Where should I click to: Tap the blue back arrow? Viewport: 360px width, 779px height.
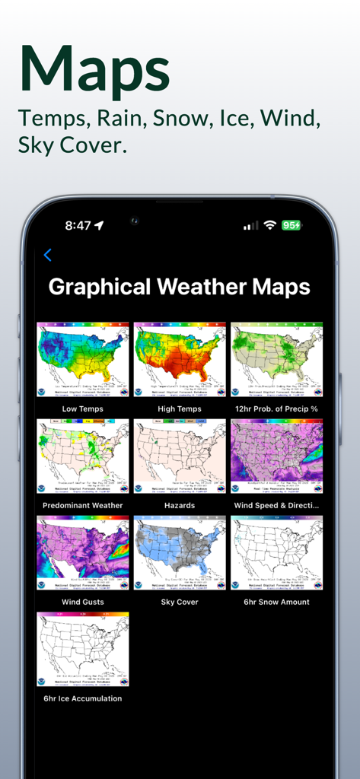tap(47, 256)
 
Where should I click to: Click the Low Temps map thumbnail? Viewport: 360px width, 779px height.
tap(83, 360)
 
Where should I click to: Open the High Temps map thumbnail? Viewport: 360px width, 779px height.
tap(180, 360)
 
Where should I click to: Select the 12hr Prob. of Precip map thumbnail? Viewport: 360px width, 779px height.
tap(277, 360)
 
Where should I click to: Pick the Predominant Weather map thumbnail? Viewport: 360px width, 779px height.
tap(83, 456)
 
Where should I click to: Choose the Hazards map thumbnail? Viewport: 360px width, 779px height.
tap(180, 456)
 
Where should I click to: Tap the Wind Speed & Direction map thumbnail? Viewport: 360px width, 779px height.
tap(277, 456)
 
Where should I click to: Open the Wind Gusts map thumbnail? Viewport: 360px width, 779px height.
tap(83, 553)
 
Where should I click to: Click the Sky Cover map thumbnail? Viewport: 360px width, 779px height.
tap(180, 553)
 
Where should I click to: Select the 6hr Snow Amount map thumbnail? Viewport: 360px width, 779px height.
tap(277, 553)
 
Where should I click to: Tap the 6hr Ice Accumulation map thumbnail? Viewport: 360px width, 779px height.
tap(83, 650)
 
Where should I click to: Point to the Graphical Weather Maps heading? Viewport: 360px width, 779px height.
tap(180, 287)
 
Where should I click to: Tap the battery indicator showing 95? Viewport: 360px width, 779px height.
tap(292, 226)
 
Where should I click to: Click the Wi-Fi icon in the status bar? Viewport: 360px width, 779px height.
tap(269, 226)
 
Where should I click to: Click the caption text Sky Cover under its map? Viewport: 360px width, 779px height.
tap(180, 602)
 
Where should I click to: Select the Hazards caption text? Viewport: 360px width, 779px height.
tap(180, 505)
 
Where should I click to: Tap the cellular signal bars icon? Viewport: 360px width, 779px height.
tap(250, 226)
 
